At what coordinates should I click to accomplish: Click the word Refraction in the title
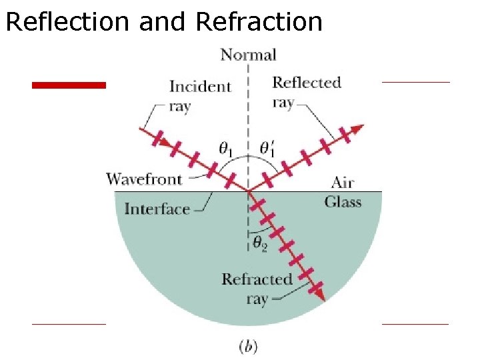[x=259, y=21]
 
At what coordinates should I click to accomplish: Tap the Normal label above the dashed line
[x=248, y=54]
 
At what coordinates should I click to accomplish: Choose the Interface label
[x=157, y=209]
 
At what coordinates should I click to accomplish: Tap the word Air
[x=343, y=183]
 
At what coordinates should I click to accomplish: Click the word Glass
[x=343, y=201]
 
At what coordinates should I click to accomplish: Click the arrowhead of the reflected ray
[x=361, y=127]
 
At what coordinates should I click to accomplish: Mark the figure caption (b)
[x=247, y=346]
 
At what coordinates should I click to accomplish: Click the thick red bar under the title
[x=69, y=85]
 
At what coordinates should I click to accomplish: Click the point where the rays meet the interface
[x=248, y=191]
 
